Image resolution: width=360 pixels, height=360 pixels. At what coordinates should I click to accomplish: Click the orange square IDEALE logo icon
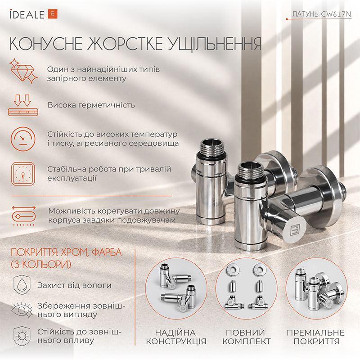pyautogui.click(x=53, y=14)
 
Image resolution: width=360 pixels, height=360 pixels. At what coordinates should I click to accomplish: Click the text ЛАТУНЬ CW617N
pyautogui.click(x=321, y=14)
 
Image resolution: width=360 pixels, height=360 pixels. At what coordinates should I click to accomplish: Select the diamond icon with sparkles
pyautogui.click(x=23, y=71)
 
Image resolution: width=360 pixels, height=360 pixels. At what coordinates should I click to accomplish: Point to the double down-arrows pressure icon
pyautogui.click(x=23, y=105)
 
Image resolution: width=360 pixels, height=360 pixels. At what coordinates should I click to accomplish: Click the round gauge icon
pyautogui.click(x=23, y=139)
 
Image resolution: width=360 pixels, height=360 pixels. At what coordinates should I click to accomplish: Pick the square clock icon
pyautogui.click(x=23, y=174)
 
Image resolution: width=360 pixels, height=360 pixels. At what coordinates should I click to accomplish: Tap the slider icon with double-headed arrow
pyautogui.click(x=24, y=216)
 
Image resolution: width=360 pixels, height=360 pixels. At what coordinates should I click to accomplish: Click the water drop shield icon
pyautogui.click(x=22, y=285)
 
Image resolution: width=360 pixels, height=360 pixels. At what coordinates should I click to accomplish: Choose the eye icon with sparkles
pyautogui.click(x=22, y=310)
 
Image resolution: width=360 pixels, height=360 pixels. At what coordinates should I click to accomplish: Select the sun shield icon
pyautogui.click(x=22, y=336)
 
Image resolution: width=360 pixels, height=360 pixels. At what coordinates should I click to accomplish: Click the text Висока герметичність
pyautogui.click(x=91, y=105)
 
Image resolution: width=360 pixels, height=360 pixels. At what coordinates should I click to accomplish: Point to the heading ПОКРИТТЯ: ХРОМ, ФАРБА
pyautogui.click(x=66, y=252)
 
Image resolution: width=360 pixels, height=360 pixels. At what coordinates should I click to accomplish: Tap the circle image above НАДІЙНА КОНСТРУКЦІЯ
pyautogui.click(x=176, y=288)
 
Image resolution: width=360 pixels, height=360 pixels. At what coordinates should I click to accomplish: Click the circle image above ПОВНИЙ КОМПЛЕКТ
pyautogui.click(x=246, y=288)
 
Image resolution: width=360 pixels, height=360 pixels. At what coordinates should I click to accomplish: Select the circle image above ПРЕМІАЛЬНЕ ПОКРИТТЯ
pyautogui.click(x=317, y=288)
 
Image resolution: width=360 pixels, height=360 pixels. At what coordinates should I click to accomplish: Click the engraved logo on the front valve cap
pyautogui.click(x=295, y=230)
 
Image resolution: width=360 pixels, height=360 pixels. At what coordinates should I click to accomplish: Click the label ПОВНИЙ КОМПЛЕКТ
pyautogui.click(x=246, y=337)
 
